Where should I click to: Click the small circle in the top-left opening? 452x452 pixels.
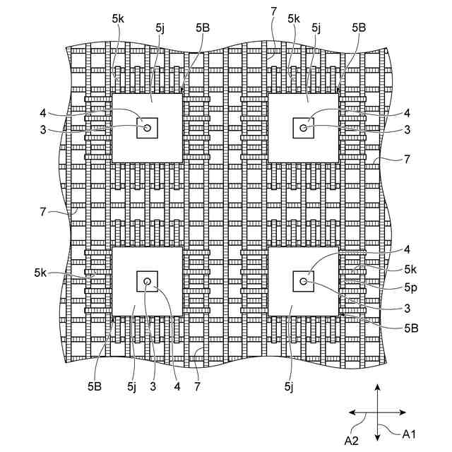point(147,128)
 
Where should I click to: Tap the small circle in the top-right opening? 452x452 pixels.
point(303,128)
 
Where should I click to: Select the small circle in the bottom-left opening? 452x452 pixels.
point(147,281)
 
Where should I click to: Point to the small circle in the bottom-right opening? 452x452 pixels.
point(303,281)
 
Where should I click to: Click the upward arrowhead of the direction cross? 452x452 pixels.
point(378,388)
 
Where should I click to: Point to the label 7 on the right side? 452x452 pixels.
point(406,160)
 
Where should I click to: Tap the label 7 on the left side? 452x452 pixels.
point(44,210)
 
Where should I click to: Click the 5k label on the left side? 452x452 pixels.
point(40,272)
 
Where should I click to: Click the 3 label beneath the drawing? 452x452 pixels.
point(153,386)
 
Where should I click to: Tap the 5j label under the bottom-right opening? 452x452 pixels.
point(288,386)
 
